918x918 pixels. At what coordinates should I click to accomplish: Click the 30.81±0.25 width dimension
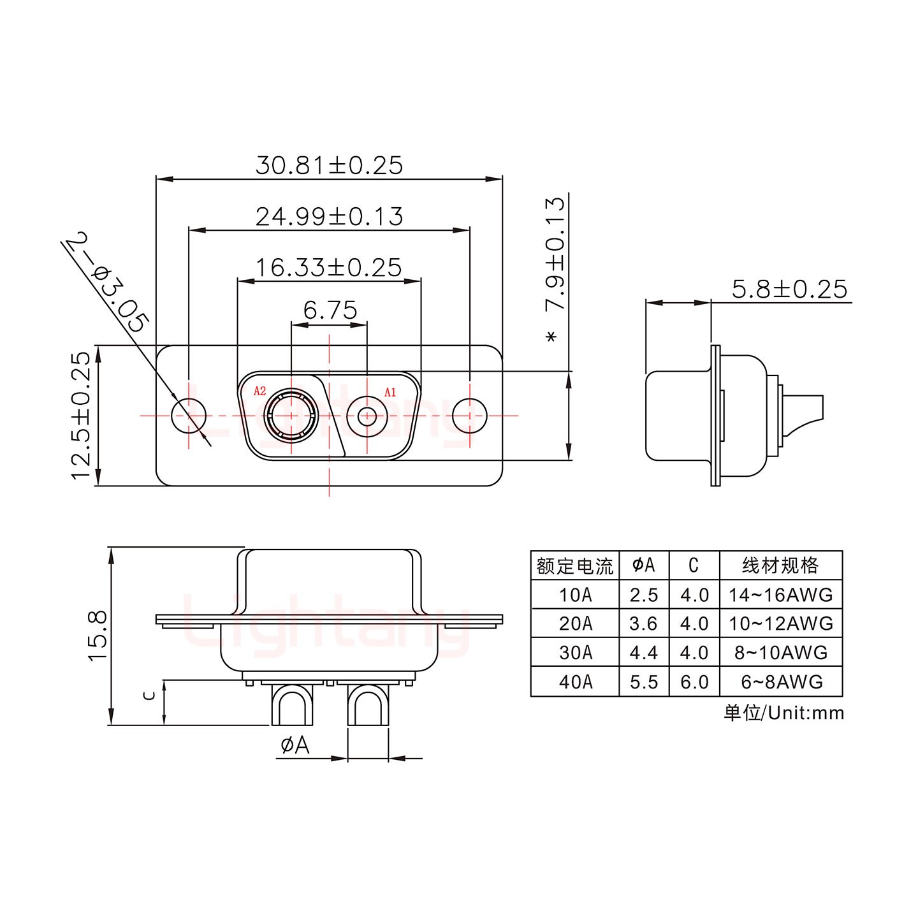[329, 165]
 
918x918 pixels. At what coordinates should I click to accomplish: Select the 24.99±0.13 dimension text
[329, 217]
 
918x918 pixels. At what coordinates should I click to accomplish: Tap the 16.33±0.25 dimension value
[329, 267]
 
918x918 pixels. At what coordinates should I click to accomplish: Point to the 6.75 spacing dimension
[330, 310]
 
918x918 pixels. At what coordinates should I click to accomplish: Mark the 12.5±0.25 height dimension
[82, 415]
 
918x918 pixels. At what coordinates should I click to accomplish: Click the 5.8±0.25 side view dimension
[789, 289]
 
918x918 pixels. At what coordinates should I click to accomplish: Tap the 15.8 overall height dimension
[98, 635]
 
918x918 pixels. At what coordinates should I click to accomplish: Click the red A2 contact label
[259, 391]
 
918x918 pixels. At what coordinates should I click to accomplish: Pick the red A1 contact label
[390, 392]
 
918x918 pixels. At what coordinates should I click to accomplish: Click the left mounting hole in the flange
[189, 416]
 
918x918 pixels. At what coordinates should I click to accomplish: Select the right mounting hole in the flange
[470, 416]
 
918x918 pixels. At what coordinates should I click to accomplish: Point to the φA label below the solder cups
[295, 745]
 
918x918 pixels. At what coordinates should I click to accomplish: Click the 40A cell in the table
[575, 682]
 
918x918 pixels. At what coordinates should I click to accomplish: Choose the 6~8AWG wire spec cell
[782, 682]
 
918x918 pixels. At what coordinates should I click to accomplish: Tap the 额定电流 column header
[575, 565]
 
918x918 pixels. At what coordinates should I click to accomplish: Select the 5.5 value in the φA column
[644, 682]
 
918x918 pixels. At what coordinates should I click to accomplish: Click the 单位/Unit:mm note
[783, 713]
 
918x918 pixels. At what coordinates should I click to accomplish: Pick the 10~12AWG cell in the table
[782, 623]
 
